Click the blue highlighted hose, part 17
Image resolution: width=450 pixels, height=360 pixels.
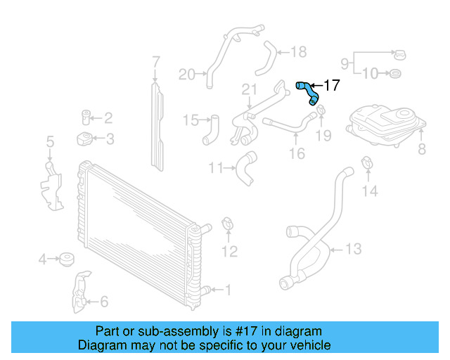click(x=307, y=91)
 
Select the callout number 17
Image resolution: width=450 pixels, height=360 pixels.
click(x=331, y=85)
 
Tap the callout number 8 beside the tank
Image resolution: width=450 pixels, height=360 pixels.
click(x=422, y=148)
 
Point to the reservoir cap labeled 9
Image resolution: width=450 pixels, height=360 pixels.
click(x=399, y=55)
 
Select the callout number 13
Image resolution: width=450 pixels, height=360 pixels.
click(x=353, y=248)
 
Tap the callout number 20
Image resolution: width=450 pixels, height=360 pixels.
click(x=186, y=74)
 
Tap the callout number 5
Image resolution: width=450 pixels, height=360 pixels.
click(x=50, y=143)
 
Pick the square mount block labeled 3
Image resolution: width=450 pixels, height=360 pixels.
click(x=84, y=139)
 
